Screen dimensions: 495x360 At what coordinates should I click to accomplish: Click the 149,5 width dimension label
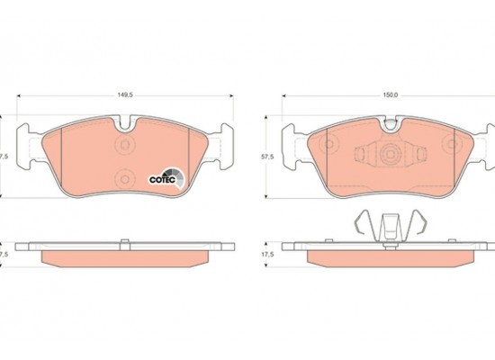125,94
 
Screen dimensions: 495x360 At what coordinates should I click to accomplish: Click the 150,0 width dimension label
391,95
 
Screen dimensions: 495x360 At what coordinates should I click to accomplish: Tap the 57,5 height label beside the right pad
267,157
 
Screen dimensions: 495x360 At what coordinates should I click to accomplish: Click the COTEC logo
166,178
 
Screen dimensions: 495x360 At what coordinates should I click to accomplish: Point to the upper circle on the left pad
125,145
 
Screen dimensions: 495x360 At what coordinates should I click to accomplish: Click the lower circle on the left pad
125,179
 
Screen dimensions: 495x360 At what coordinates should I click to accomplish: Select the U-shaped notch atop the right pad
391,124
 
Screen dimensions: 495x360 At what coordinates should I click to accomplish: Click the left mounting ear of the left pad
26,146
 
